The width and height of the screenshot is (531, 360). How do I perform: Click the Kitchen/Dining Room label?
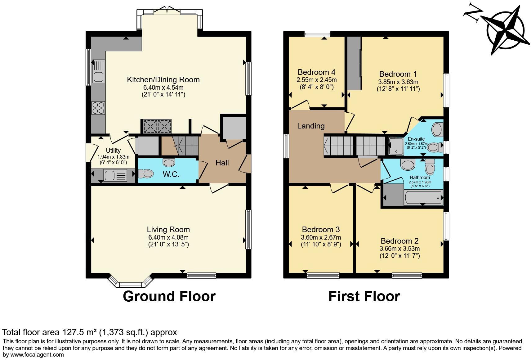click(163, 80)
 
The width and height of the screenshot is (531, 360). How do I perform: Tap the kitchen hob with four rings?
click(98, 108)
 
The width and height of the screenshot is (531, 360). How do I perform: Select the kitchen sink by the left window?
click(99, 76)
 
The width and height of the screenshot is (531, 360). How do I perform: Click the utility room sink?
click(110, 176)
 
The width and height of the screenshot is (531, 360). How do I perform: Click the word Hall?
click(222, 163)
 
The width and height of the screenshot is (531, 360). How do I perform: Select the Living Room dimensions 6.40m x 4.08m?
click(168, 237)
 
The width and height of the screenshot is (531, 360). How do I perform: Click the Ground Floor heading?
click(169, 296)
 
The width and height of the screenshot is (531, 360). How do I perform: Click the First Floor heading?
click(364, 296)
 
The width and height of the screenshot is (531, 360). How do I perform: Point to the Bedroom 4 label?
click(316, 72)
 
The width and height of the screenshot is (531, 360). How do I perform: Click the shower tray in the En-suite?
click(396, 146)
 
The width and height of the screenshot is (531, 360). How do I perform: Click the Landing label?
click(311, 126)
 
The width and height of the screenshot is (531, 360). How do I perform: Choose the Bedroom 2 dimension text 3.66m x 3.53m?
click(399, 249)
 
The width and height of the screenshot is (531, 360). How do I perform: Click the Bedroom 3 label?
click(321, 230)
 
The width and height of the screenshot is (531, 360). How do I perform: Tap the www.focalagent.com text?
click(37, 354)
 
